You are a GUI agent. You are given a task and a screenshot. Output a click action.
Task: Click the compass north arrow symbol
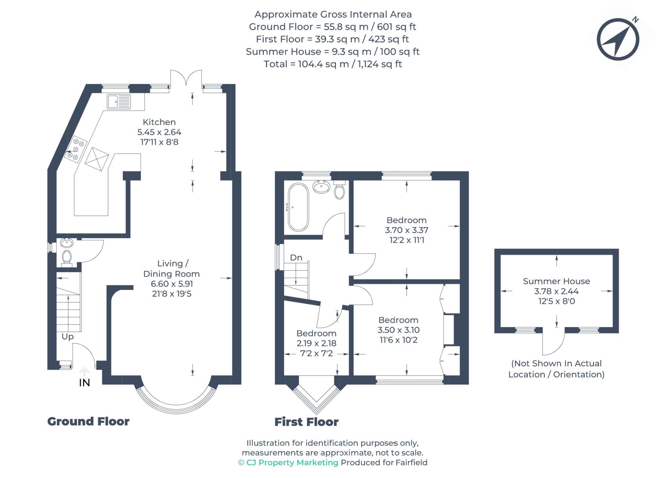point(618,40)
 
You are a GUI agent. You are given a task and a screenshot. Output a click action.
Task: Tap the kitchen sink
point(118,102)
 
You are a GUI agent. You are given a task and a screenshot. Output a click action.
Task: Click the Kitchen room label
point(159,122)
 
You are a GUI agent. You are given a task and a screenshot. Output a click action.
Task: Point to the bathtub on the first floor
point(298,207)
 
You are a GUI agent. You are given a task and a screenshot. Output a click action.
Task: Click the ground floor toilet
point(67,257)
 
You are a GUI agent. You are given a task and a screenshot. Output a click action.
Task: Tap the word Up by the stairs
point(68,336)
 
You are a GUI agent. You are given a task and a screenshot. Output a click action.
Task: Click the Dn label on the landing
point(296,258)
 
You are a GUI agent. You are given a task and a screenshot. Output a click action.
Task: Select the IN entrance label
point(84,383)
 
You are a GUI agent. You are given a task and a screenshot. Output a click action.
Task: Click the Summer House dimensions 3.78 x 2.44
point(556,291)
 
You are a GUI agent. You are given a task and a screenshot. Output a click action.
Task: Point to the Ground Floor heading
point(88,421)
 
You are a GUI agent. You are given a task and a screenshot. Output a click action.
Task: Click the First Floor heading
point(306,422)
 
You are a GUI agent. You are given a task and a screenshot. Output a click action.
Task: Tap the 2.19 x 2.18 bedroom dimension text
point(316,343)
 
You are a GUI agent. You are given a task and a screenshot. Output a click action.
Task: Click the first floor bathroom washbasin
point(321,187)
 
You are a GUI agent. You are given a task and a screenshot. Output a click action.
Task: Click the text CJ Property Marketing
point(292,462)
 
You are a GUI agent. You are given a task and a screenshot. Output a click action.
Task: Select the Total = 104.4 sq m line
point(332,64)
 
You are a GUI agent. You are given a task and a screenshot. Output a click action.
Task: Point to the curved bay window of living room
point(176,405)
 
